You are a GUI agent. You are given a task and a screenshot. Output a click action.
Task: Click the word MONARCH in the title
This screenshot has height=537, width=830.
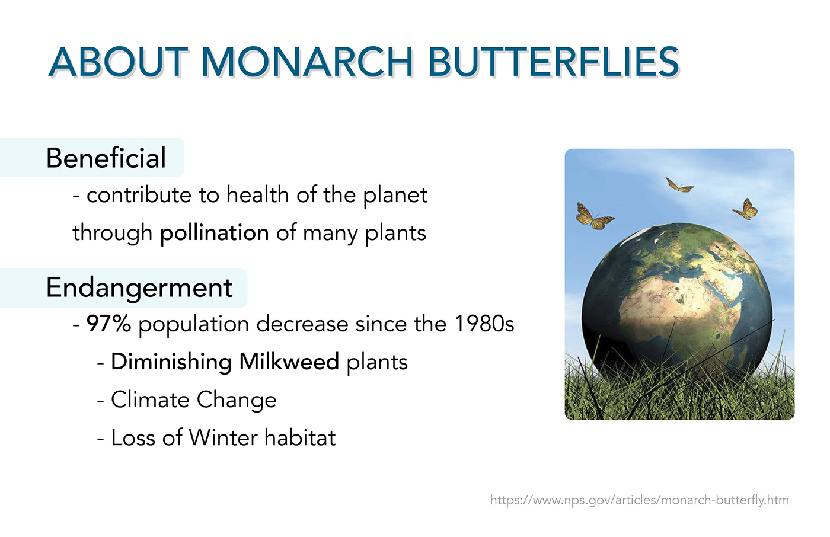tap(307, 62)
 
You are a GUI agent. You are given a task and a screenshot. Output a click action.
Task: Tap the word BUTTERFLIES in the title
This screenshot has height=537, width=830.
tap(554, 62)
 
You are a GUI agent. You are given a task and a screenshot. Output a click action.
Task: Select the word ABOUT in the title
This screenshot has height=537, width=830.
tap(118, 62)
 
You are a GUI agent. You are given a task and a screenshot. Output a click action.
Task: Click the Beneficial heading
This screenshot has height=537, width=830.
tap(106, 158)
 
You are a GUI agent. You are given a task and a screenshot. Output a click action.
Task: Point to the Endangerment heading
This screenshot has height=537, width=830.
tap(139, 287)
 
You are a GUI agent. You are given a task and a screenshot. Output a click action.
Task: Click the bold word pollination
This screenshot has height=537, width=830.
tap(215, 232)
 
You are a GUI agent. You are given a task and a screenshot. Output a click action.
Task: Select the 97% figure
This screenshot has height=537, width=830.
tap(108, 323)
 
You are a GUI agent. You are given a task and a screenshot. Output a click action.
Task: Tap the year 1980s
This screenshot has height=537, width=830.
tap(484, 323)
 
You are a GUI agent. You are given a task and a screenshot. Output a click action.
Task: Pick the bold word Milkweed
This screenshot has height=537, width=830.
tap(289, 362)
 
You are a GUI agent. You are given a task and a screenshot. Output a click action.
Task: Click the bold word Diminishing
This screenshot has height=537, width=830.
tap(171, 362)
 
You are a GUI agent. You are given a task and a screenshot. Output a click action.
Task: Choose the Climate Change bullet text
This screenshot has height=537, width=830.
tap(194, 400)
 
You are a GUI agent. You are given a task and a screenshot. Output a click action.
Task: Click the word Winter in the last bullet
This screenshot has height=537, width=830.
tap(223, 437)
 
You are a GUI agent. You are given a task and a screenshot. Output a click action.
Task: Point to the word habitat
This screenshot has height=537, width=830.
tap(300, 437)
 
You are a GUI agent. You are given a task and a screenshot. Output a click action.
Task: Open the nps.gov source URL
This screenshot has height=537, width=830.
tap(640, 500)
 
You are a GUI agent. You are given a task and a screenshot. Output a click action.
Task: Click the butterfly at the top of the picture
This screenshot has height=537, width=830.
tap(679, 184)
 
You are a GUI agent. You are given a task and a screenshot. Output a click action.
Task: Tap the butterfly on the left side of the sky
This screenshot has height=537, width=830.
tap(594, 216)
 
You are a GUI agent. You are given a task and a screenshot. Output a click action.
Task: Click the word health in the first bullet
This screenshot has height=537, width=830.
tap(258, 194)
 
